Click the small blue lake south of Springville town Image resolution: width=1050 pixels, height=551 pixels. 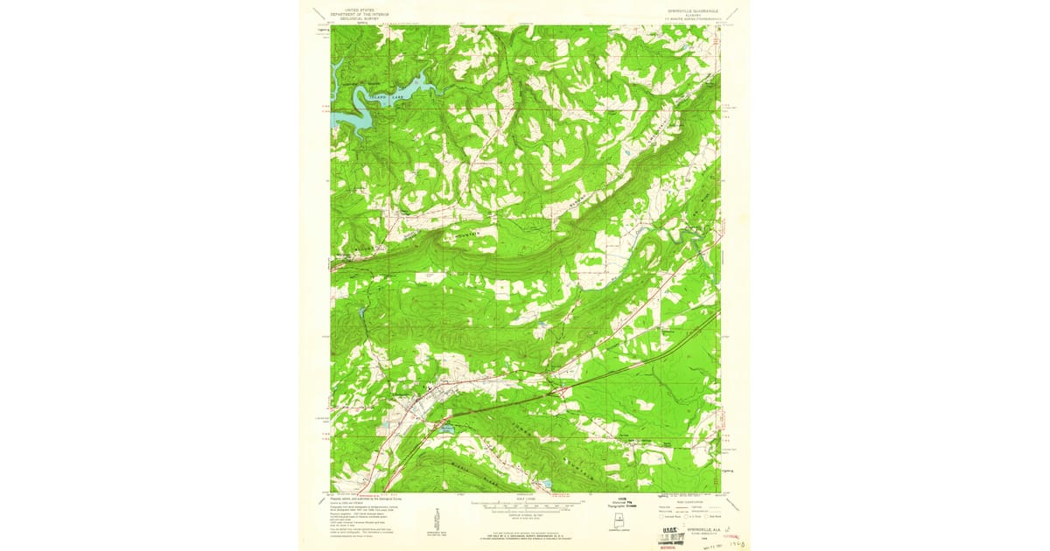coord(446,429)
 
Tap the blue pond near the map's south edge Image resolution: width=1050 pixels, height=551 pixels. coord(547,483)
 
